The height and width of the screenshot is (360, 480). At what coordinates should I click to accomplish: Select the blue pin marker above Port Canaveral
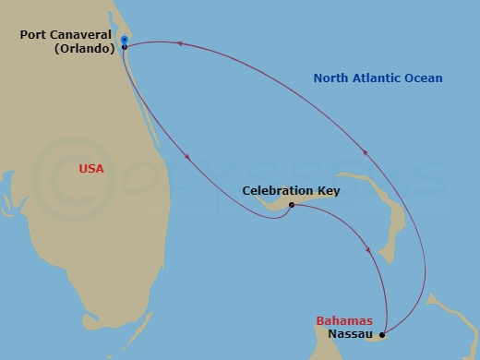point(124,40)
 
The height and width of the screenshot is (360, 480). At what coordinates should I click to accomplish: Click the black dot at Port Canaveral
point(124,46)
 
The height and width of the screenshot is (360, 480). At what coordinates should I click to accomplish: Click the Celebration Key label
point(291,191)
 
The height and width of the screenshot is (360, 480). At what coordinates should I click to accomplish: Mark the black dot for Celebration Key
point(291,205)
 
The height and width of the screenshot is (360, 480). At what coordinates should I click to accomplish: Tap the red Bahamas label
point(344,321)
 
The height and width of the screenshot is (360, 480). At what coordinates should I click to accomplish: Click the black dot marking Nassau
point(382,335)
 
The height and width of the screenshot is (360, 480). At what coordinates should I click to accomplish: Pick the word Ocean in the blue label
point(424,78)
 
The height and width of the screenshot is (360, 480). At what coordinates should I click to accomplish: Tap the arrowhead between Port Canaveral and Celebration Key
point(188,158)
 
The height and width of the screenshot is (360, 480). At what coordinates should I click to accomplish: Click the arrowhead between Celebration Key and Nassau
point(371,248)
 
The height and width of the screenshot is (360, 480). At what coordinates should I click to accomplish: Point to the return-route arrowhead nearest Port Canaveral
point(181,43)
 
